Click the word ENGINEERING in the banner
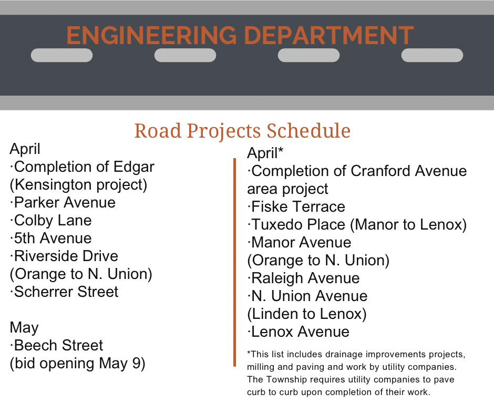point(151,35)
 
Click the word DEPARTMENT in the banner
point(328,35)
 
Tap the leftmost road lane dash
point(62,55)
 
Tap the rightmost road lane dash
point(432,55)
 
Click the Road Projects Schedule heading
point(242,131)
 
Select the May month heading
point(24,328)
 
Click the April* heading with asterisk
point(265,153)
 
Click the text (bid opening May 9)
point(77,363)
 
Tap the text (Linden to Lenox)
point(307,314)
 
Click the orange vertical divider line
point(235,262)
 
